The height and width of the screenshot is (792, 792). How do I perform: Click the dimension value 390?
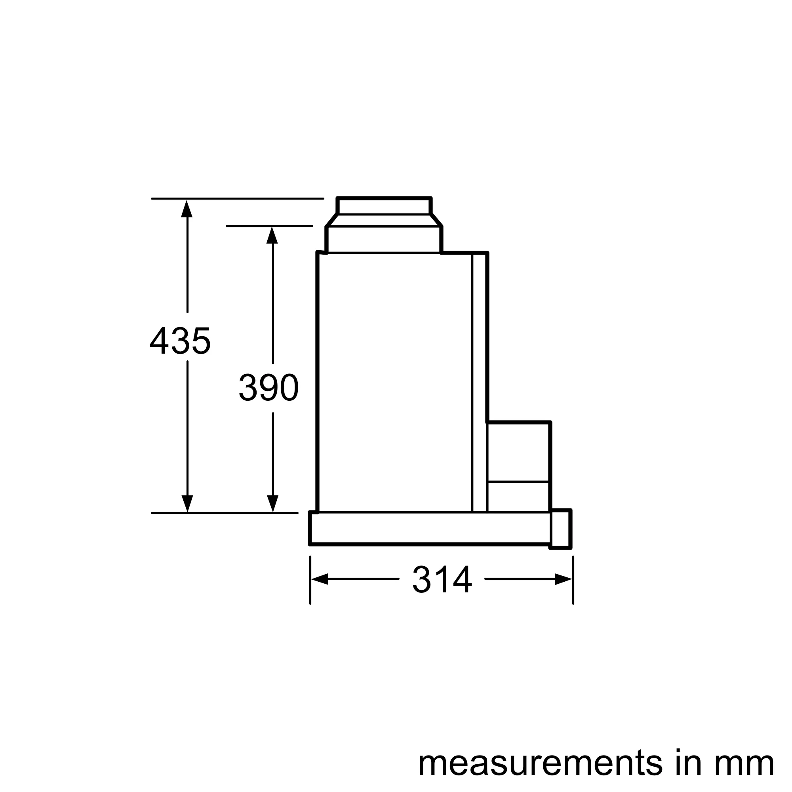[x=268, y=387]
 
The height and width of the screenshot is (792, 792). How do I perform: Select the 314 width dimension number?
[x=442, y=579]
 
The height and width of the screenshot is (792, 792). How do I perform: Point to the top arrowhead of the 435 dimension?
[x=187, y=209]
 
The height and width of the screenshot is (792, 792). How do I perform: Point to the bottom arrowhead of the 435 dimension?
[x=187, y=503]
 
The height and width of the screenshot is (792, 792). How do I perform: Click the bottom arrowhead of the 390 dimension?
[x=272, y=503]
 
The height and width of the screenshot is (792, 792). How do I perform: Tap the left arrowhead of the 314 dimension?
[x=320, y=579]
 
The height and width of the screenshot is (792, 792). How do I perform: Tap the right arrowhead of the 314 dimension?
[x=563, y=579]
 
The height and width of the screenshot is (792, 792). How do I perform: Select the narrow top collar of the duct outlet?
[x=384, y=206]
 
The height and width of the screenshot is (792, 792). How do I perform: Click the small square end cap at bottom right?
[x=561, y=529]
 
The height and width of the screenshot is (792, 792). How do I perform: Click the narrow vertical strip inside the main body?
[x=480, y=381]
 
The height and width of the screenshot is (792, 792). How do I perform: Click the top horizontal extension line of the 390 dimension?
[x=269, y=226]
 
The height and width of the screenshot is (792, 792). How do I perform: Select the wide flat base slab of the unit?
[x=430, y=528]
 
